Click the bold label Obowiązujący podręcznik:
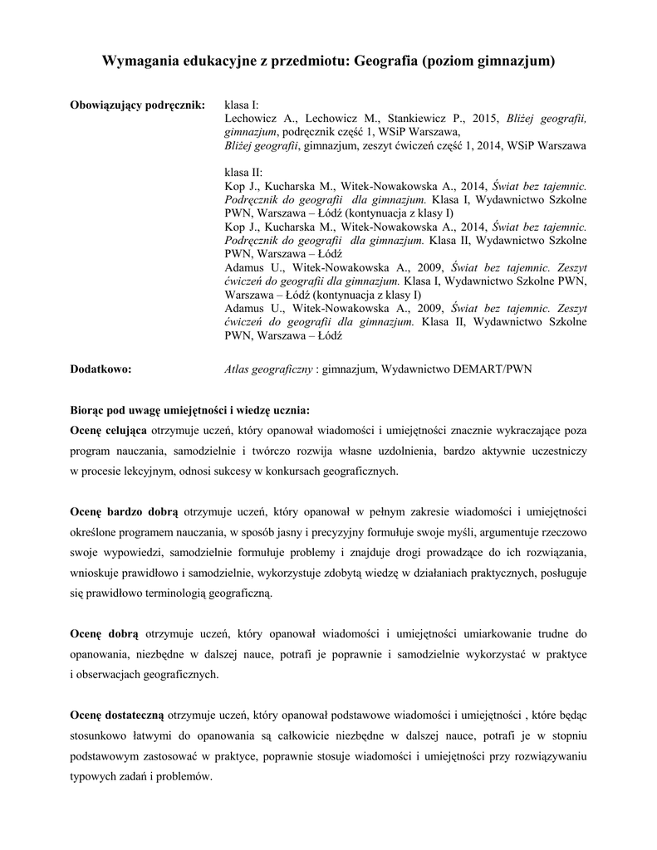coord(136,105)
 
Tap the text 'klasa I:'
coord(243,105)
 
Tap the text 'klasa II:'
coord(244,172)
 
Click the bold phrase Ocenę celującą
coord(109,431)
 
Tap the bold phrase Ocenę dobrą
coord(104,634)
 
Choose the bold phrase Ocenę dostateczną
coord(117,716)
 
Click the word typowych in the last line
coord(94,776)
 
